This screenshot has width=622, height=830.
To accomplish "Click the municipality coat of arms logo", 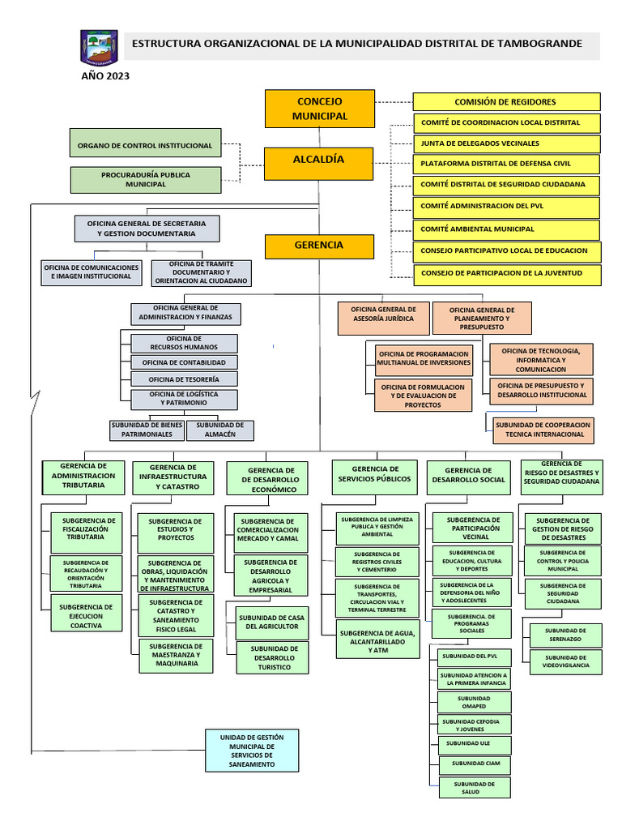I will pos(99,47).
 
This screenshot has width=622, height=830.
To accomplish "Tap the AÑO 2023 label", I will pos(104,76).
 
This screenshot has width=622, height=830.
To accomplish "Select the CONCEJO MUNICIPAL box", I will pos(320,109).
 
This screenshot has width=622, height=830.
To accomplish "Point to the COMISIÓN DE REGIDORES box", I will pos(506,101).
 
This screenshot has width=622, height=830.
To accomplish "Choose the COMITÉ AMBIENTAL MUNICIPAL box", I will pos(506,229).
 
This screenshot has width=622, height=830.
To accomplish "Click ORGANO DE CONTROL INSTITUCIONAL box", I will pos(145,146).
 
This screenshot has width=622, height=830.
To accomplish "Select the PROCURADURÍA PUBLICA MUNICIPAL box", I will pos(145,179).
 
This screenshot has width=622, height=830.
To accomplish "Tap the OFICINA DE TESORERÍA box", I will pos(185,379).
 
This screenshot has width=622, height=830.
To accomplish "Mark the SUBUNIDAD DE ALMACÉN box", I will pos(220,430).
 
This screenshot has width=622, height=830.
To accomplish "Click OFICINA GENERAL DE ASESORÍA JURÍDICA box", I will pos(383,314).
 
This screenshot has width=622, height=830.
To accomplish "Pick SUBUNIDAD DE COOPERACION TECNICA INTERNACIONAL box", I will pos(543,429).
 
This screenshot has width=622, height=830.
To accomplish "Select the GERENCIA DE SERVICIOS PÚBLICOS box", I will pos(374,474).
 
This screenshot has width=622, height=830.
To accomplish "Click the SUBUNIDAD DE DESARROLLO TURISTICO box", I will pos(274,657).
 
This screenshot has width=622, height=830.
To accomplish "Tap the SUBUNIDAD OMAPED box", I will pos(474,702).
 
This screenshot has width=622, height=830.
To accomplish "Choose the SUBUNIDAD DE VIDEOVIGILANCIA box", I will pos(572,662).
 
